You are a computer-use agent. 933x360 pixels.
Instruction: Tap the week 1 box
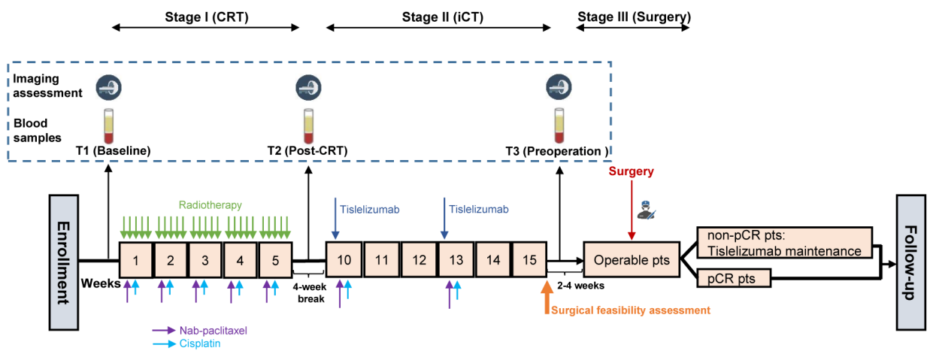[135, 260]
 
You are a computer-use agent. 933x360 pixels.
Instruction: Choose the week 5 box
[275, 260]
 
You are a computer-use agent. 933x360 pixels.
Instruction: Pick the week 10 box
[344, 260]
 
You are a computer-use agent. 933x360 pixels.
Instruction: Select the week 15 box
[529, 260]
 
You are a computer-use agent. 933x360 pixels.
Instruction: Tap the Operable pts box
[631, 261]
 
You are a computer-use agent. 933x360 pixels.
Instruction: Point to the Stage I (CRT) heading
[206, 15]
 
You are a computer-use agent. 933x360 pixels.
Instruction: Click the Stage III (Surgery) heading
[634, 15]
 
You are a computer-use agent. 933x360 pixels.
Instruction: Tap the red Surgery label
[631, 171]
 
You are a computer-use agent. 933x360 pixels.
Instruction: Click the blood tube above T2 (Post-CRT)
[307, 125]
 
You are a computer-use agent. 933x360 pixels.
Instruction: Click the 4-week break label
[309, 293]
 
